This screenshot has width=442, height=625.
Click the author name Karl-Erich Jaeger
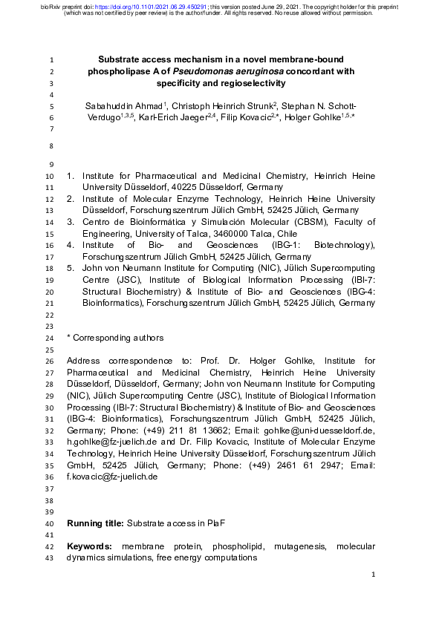pos(168,118)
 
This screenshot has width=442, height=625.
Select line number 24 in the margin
pos(49,338)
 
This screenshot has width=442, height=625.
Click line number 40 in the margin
pos(49,523)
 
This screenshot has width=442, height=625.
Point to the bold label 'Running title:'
pos(95,523)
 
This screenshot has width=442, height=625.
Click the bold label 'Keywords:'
pos(89,546)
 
